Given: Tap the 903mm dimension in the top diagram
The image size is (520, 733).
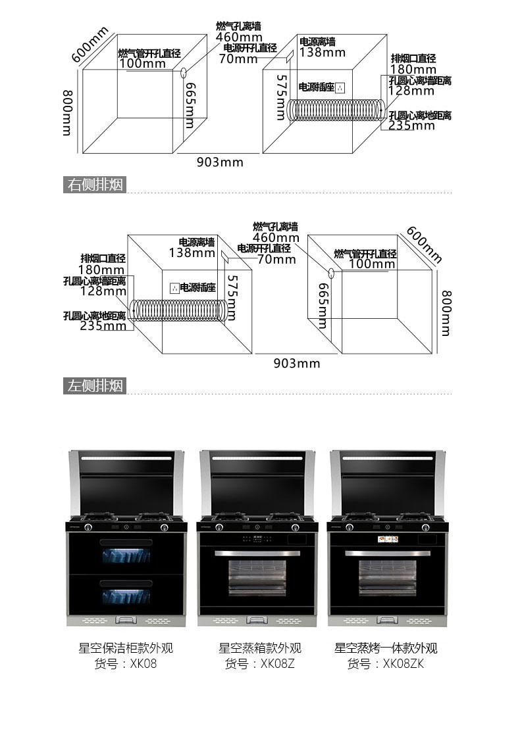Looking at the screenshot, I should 220,162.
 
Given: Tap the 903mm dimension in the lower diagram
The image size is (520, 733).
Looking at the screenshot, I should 297,364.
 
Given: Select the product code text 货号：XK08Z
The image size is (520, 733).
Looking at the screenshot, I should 259,664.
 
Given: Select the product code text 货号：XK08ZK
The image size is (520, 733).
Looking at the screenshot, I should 386,664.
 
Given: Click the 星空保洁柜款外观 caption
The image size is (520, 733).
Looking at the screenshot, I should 126,648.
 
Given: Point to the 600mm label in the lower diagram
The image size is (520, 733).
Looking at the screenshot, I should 424,244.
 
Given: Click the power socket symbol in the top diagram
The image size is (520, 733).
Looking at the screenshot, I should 340,87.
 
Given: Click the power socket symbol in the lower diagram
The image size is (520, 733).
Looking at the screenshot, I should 174,287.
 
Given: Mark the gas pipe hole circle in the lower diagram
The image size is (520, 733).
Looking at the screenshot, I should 330,272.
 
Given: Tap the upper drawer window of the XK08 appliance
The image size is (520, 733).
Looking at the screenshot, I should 126,555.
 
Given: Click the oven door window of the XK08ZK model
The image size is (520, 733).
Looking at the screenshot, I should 386,578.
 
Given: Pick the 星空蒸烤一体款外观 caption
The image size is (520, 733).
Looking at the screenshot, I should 386,648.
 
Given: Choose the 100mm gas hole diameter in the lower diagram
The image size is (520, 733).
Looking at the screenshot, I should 372,264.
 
